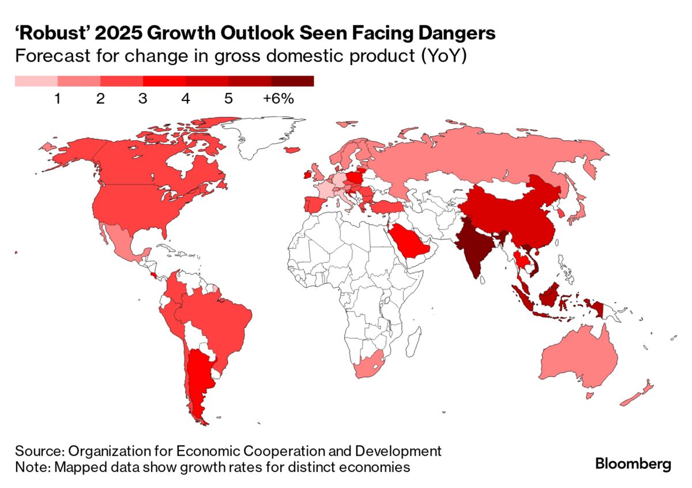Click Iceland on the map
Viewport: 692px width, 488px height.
(x=292, y=150)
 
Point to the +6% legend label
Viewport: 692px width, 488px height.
(x=279, y=99)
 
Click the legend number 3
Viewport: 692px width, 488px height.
(x=142, y=99)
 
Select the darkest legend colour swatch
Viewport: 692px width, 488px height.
(x=292, y=81)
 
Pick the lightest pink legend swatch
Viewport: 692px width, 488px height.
(x=36, y=81)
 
